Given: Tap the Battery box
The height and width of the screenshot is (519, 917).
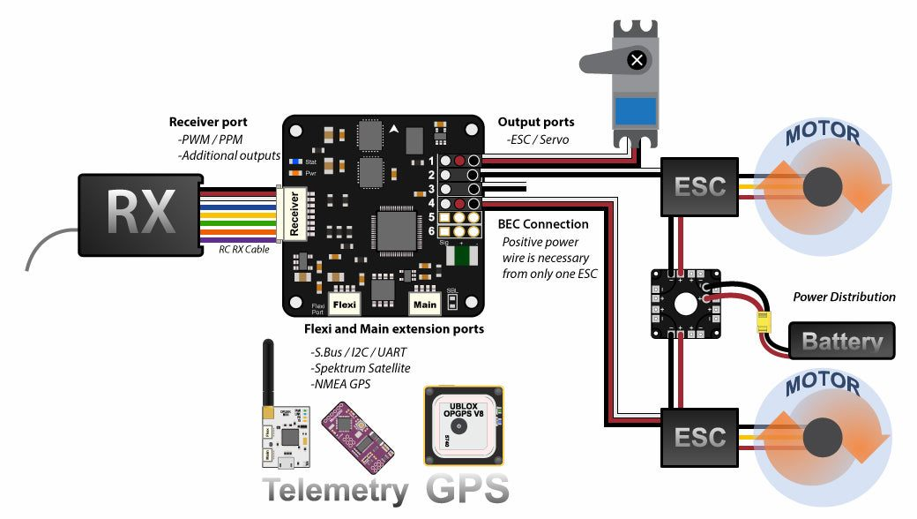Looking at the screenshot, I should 842,341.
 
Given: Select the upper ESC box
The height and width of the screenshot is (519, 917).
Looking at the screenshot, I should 700,186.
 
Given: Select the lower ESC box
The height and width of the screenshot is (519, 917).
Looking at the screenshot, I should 700,436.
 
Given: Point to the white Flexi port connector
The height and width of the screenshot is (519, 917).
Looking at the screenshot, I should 344,304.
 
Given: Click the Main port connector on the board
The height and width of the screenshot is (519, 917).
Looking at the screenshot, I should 425,304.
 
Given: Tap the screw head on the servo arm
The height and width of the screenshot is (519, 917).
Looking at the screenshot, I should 637,60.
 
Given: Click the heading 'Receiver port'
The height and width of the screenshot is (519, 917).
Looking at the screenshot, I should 208,123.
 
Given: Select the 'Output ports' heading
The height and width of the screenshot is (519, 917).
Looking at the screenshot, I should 536,123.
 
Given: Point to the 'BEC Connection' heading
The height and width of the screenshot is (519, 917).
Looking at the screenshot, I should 543,224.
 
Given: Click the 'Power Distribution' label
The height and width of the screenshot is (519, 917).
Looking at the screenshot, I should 844,297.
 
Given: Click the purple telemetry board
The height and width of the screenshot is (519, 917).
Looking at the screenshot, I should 351,434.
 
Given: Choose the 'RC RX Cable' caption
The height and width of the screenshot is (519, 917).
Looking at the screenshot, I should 244,250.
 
